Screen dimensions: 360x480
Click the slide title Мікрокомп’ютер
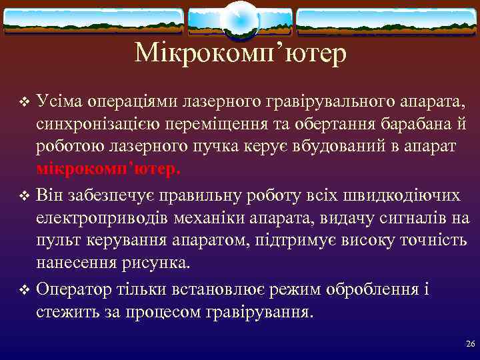pyautogui.click(x=240, y=53)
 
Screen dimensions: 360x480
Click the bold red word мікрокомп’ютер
pyautogui.click(x=108, y=169)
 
